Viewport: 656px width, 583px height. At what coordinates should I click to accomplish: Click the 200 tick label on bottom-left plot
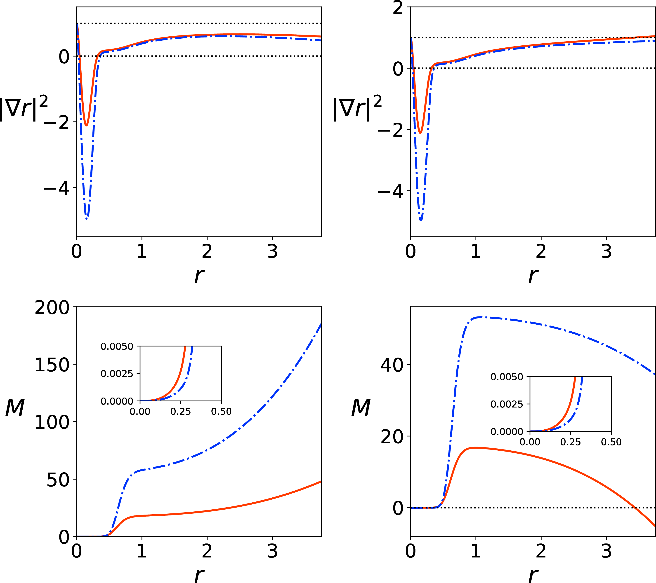[52, 308]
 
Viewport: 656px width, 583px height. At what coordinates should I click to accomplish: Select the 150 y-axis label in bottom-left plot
[52, 365]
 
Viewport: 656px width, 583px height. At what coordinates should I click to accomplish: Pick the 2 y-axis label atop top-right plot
[398, 8]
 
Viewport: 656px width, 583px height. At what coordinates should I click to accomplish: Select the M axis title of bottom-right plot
[361, 408]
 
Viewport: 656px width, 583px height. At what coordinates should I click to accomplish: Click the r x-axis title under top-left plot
[199, 275]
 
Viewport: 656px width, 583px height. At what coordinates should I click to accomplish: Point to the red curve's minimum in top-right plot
[420, 132]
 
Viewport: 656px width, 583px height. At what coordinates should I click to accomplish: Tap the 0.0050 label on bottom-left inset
[117, 346]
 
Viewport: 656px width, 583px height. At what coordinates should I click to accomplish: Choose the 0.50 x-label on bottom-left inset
[221, 411]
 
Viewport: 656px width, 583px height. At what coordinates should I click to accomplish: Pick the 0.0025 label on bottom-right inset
[507, 404]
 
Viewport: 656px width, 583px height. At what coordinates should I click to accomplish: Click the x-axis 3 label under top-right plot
[606, 251]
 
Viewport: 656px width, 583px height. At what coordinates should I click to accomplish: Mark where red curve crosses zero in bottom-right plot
[634, 508]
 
